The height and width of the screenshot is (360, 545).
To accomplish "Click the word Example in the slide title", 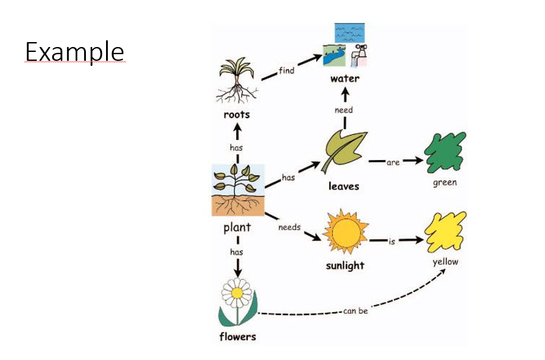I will [74, 52].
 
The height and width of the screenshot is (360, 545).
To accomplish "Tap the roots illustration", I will [236, 81].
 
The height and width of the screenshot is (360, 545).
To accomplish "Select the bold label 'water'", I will [345, 79].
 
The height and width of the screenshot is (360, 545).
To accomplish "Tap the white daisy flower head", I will [237, 293].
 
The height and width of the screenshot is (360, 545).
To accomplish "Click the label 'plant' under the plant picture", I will [237, 228].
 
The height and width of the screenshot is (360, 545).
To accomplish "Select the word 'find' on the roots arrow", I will [286, 71].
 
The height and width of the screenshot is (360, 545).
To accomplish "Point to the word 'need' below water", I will [344, 110].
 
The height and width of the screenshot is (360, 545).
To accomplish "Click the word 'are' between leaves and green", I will [393, 163].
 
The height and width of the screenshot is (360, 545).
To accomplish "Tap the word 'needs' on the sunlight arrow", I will [290, 227].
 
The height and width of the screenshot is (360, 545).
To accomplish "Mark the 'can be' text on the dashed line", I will [356, 311].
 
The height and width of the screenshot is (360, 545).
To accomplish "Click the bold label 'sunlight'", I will [345, 266].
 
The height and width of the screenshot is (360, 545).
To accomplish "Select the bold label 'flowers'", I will [238, 337].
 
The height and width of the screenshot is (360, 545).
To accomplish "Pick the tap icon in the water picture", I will [360, 56].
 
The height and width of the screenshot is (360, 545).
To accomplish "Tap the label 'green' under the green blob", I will [445, 183].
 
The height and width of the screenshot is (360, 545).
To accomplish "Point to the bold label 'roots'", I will [237, 115].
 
